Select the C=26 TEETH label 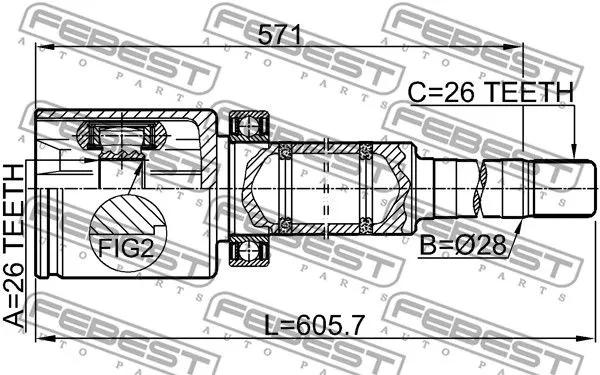[490, 93]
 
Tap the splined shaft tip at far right [556, 188]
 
